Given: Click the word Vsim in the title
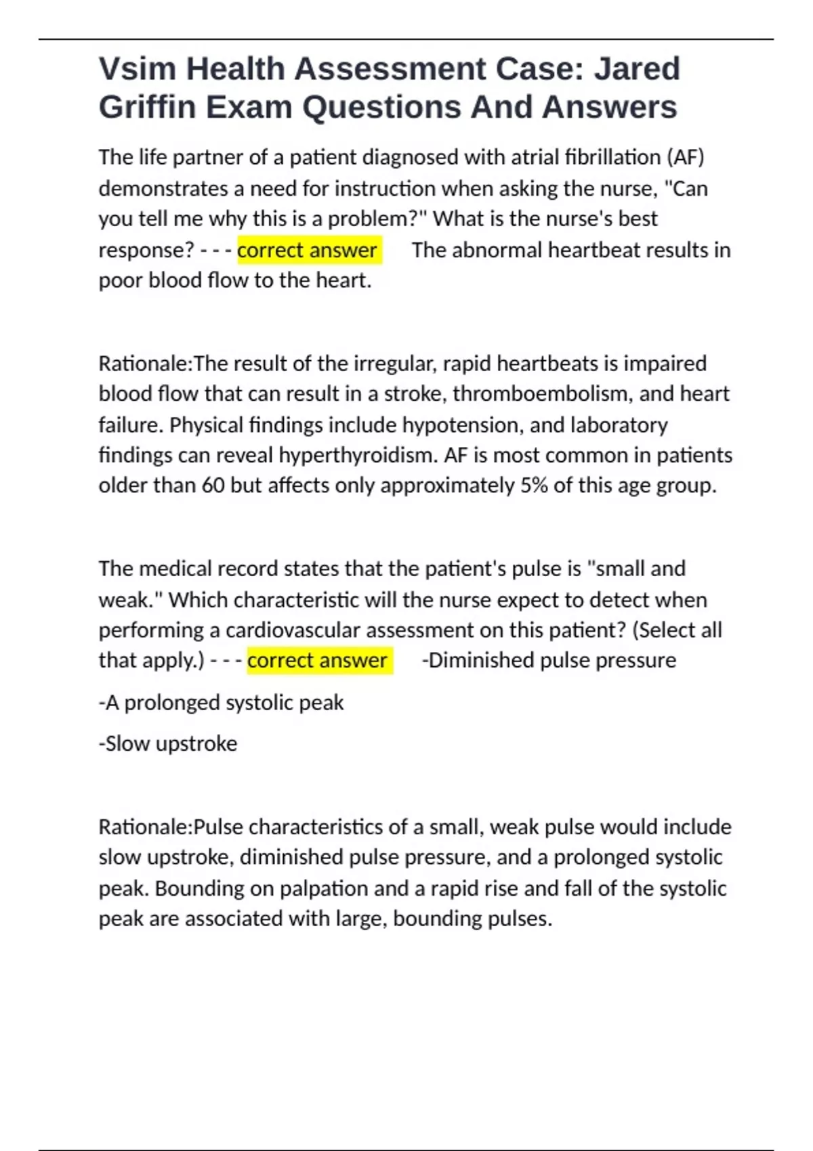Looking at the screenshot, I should pos(137,69).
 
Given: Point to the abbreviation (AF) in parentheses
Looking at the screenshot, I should pos(686,157).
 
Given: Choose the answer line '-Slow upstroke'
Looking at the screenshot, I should pos(168,743).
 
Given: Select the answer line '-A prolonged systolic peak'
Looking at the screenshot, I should pos(221,703).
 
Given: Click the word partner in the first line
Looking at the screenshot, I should pos(209,157).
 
